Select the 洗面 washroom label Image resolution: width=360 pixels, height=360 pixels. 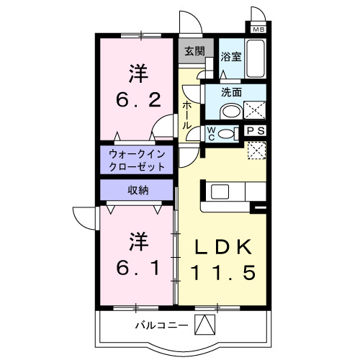[x=231, y=93]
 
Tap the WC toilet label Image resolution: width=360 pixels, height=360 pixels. [x=212, y=132]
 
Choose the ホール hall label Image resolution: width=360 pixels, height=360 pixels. [x=187, y=114]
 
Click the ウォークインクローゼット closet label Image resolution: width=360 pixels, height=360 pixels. [x=137, y=160]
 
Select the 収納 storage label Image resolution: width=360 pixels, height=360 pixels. [x=138, y=190]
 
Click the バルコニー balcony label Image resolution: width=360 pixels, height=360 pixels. [x=163, y=325]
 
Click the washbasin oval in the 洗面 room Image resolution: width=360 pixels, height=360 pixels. [x=230, y=112]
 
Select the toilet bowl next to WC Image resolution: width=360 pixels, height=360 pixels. [x=226, y=132]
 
